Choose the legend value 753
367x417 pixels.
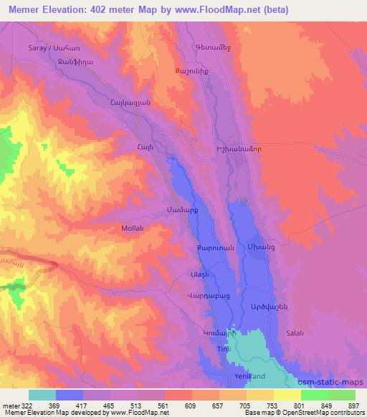click(x=272, y=405)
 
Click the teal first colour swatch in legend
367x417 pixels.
click(x=42, y=395)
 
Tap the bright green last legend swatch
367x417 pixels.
click(x=341, y=395)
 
